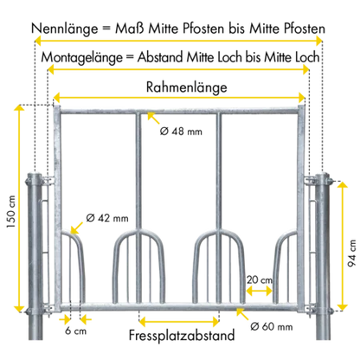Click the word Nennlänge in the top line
65,29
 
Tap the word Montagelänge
81,58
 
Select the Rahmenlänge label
187,87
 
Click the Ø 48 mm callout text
181,132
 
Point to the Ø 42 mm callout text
107,218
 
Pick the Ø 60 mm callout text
272,326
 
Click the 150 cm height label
11,211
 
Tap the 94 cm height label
352,253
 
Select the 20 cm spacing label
260,280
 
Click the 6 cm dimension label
75,331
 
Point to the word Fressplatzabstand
182,336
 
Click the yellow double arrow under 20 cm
260,291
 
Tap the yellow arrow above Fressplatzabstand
179,321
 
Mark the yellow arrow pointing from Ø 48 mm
153,118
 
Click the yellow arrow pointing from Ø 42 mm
76,228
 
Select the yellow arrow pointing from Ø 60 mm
242,314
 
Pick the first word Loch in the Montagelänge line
229,58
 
